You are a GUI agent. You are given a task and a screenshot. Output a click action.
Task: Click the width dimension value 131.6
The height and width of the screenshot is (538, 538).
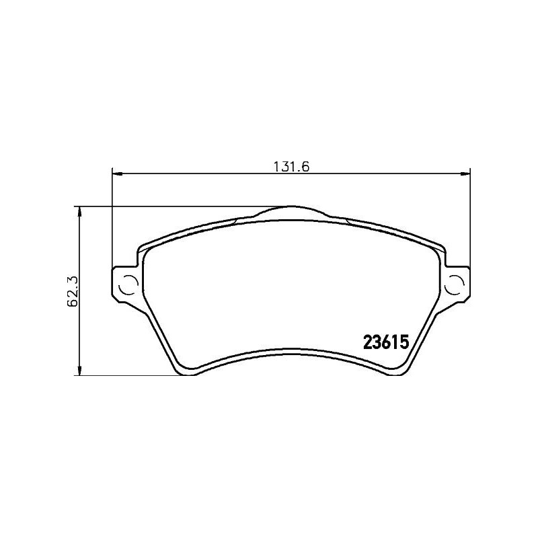(x=290, y=167)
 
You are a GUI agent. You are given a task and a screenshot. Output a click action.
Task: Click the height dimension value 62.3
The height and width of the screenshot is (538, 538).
(x=72, y=291)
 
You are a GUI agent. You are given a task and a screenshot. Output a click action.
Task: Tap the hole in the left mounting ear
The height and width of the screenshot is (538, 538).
(x=126, y=285)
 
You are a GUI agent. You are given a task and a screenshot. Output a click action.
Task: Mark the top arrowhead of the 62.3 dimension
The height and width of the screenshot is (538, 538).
(x=80, y=211)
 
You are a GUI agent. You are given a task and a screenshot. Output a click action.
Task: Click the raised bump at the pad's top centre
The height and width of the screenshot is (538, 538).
(x=291, y=210)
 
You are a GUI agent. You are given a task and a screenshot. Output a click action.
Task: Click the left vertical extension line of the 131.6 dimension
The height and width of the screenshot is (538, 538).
(x=111, y=222)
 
